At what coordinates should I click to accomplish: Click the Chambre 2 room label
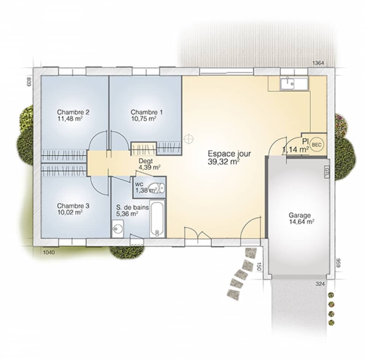(73, 112)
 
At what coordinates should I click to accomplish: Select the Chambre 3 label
(73, 206)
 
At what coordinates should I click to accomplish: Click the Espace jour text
(229, 154)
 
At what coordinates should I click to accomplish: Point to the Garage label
(299, 215)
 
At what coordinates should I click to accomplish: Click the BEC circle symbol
(316, 144)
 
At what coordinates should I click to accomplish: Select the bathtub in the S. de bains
(157, 219)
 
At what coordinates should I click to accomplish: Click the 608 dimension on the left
(29, 81)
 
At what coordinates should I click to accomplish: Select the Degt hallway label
(146, 161)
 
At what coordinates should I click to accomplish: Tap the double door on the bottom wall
(197, 233)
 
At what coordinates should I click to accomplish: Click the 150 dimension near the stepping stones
(259, 266)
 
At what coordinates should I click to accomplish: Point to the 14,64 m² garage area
(302, 222)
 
